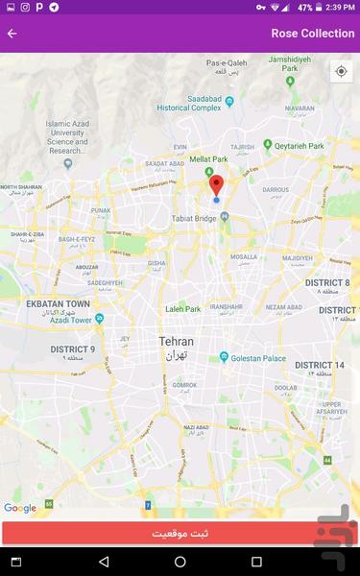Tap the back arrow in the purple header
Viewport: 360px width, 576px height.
[x=12, y=34]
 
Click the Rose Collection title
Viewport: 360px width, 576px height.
[x=312, y=34]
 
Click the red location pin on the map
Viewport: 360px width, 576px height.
[x=216, y=185]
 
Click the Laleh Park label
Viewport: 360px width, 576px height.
[x=182, y=309]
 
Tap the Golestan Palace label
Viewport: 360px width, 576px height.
[x=259, y=357]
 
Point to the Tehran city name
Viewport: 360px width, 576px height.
[x=177, y=342]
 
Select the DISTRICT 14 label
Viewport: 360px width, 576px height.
[x=319, y=366]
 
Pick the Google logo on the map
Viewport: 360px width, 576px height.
[x=19, y=508]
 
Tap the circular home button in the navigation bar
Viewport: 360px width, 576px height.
[x=180, y=562]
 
